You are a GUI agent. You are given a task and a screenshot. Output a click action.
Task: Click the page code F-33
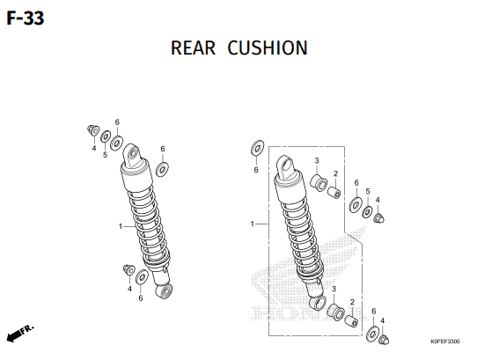click(x=26, y=18)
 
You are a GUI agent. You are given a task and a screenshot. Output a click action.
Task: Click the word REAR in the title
click(x=193, y=48)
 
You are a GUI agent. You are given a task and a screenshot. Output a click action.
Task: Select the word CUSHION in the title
click(x=268, y=48)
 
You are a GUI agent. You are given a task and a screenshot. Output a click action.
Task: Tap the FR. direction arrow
click(x=20, y=334)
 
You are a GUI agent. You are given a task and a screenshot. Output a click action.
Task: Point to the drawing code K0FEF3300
click(x=445, y=342)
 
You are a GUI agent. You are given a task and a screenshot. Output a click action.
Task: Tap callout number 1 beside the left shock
click(x=121, y=226)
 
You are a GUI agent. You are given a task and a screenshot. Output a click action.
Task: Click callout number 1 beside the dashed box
click(x=253, y=224)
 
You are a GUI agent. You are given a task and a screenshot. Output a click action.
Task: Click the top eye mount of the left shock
click(x=132, y=155)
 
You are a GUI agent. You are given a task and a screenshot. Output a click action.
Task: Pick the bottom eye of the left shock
click(x=164, y=290)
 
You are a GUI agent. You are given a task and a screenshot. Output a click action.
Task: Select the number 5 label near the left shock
click(x=105, y=155)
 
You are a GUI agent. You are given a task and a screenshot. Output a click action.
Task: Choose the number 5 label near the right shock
click(x=368, y=192)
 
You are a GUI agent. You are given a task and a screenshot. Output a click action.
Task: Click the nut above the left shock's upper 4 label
click(x=92, y=130)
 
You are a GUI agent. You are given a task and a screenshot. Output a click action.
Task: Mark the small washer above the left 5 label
click(x=106, y=136)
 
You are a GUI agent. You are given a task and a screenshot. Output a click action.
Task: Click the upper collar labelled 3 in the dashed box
click(x=319, y=181)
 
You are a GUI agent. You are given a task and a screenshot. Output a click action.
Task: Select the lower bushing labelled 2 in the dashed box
click(x=351, y=321)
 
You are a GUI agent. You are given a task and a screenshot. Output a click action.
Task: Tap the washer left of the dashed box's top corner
click(x=257, y=148)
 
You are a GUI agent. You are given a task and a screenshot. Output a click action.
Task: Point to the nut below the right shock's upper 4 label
click(x=378, y=218)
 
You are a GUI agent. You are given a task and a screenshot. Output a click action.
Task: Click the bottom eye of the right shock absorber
click(x=318, y=303)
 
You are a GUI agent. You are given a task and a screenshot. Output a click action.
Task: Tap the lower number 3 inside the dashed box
click(x=334, y=289)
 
